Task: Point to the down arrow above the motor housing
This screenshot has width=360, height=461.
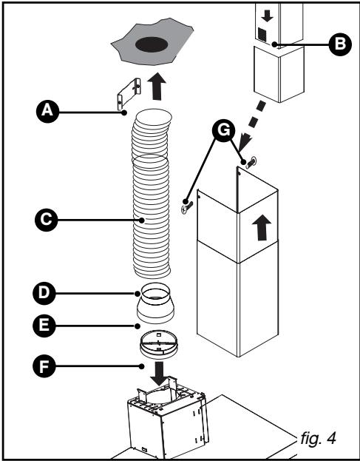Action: click(x=158, y=370)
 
